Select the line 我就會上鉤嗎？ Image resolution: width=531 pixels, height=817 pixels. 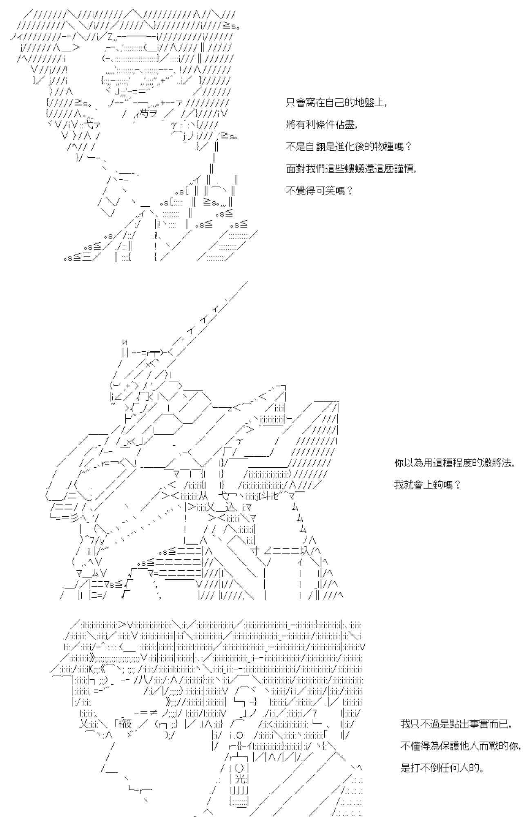(427, 485)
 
